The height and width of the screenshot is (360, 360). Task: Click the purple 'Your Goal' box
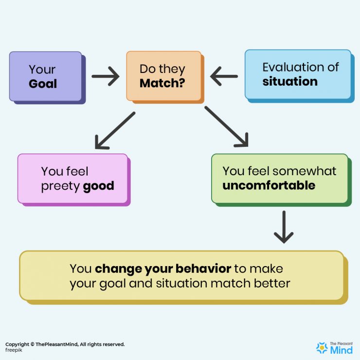tap(46, 76)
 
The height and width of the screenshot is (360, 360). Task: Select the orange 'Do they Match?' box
tap(163, 76)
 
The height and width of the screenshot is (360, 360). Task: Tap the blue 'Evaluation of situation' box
tap(298, 74)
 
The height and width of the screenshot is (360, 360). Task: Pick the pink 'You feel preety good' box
tap(72, 179)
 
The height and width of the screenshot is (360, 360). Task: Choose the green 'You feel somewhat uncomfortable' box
tap(279, 178)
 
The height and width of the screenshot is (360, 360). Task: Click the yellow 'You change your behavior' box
tap(181, 275)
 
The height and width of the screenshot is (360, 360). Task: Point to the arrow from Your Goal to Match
tap(106, 76)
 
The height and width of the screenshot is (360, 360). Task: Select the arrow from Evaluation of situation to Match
tap(224, 76)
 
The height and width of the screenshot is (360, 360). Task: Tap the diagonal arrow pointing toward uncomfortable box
tap(227, 126)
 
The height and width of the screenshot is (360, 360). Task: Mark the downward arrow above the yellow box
tap(284, 227)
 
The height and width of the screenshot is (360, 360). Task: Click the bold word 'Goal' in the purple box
tap(43, 84)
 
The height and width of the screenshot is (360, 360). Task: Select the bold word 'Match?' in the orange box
tap(162, 83)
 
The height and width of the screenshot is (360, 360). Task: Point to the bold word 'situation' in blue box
tap(290, 81)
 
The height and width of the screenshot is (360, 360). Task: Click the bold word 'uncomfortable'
tap(269, 185)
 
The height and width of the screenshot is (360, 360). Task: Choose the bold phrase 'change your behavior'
tap(163, 269)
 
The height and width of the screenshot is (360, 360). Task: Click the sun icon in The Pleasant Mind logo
tap(322, 347)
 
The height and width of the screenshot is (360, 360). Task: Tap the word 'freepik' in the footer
tap(15, 350)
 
